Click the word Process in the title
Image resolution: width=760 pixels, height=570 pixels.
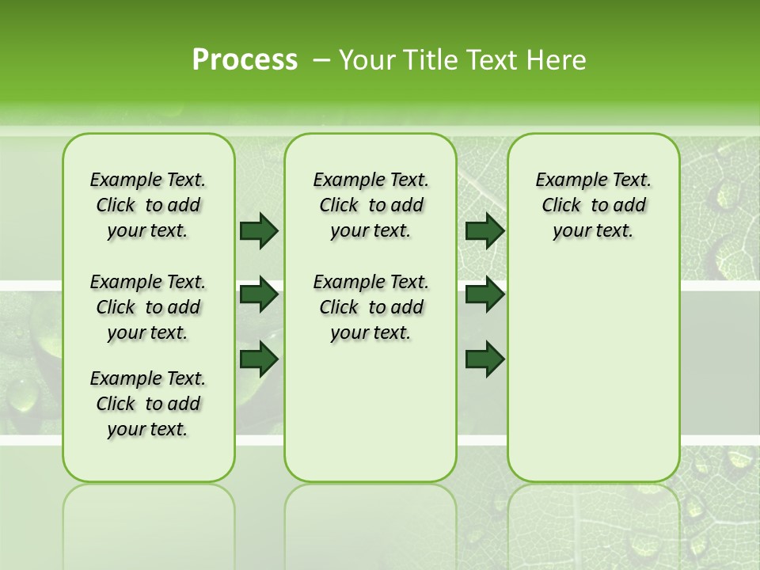(245, 60)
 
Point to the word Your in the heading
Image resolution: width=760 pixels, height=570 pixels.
(367, 60)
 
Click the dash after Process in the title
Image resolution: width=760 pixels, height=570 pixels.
(321, 61)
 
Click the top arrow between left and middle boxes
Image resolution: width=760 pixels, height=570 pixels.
(259, 230)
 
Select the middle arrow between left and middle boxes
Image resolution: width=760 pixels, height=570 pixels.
(259, 294)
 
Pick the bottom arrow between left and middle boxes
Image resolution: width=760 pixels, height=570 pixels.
(259, 359)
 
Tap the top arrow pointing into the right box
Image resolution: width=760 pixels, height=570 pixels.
(484, 230)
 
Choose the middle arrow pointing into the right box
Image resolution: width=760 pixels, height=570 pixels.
(484, 294)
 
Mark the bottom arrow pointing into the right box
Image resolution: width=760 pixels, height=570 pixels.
(484, 359)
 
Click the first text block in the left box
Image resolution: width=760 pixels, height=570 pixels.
(148, 205)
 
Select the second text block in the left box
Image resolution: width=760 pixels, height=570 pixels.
(148, 307)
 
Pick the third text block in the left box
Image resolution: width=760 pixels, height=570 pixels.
(148, 404)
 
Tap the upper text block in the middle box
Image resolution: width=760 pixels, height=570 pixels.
(370, 205)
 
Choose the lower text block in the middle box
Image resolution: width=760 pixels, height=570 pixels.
(370, 307)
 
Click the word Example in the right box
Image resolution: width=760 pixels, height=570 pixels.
(563, 180)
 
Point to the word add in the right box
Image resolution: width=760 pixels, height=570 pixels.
(629, 206)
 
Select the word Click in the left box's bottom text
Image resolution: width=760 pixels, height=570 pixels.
(116, 405)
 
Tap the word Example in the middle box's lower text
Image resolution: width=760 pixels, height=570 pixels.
(340, 283)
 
